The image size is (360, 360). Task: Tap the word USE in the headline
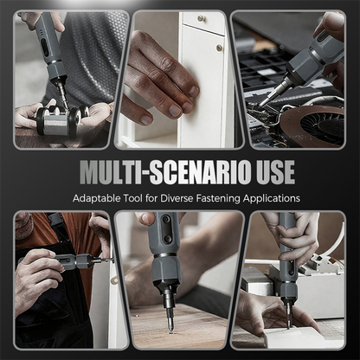tap(276, 172)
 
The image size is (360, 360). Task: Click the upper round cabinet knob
tap(202, 18)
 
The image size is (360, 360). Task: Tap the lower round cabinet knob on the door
tap(219, 48)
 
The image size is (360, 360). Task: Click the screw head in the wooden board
tap(171, 331)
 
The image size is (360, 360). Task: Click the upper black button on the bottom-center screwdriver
tap(166, 220)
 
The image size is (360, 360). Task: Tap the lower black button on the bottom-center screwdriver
tap(168, 239)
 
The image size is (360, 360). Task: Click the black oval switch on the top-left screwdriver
tap(45, 46)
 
